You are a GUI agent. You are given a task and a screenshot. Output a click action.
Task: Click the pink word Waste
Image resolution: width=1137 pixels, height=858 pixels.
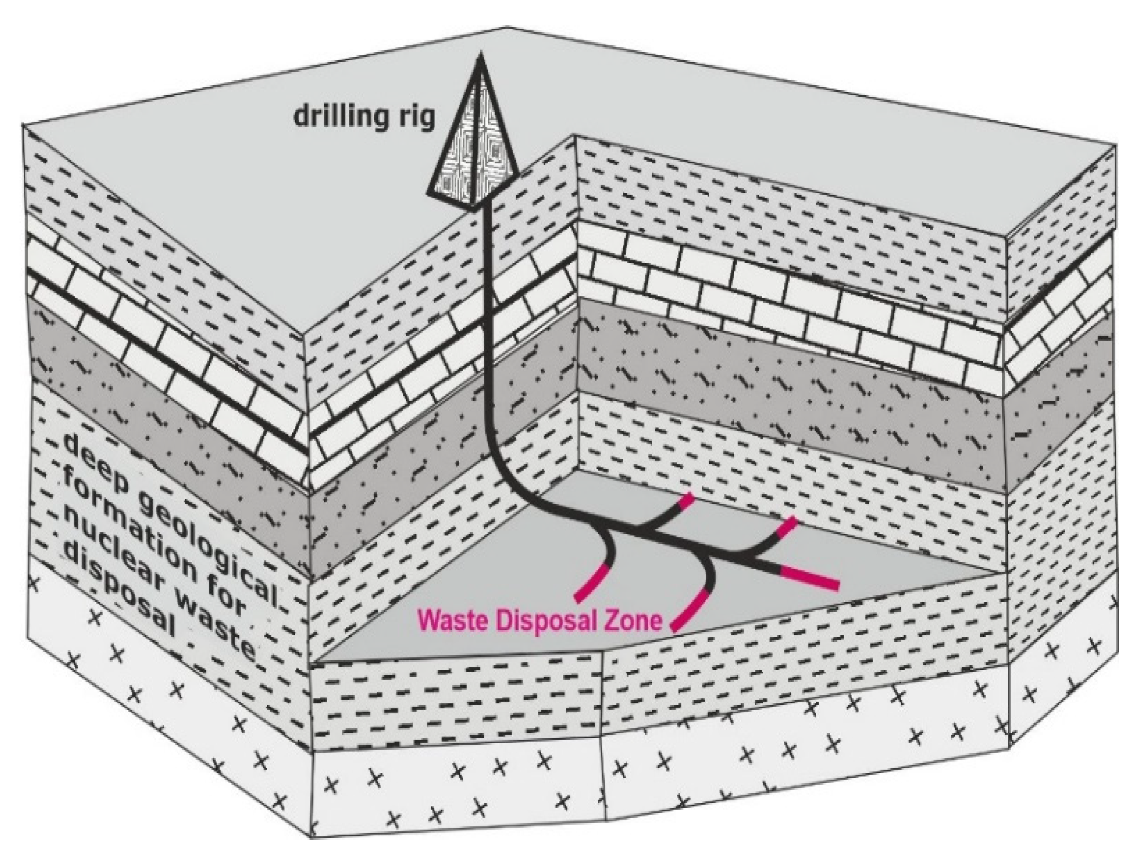pos(451,621)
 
